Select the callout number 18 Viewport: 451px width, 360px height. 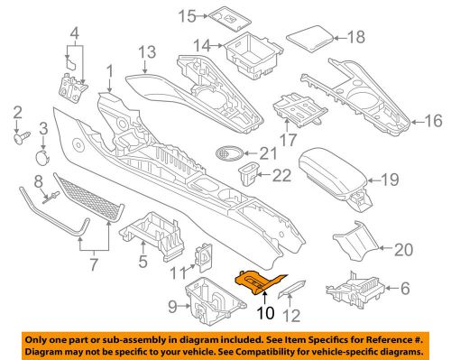[356, 37]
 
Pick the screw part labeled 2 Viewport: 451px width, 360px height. [18, 139]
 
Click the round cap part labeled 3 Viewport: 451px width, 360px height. [41, 157]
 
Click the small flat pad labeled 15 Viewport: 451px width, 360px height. [222, 15]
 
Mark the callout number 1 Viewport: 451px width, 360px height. [110, 70]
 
